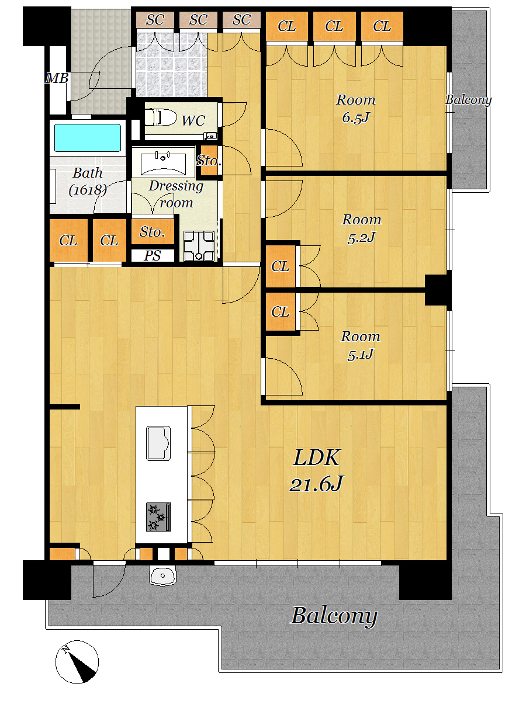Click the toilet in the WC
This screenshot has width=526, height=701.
[x=161, y=117]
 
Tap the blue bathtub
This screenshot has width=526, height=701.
[x=88, y=138]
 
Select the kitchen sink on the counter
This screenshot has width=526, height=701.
[x=158, y=443]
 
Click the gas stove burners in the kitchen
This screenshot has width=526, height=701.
[x=158, y=517]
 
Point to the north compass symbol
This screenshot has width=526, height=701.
[x=77, y=662]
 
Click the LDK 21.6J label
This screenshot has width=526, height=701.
[x=316, y=470]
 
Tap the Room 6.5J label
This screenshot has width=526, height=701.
[x=356, y=109]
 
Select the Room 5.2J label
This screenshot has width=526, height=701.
[x=362, y=228]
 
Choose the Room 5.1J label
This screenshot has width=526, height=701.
[x=360, y=345]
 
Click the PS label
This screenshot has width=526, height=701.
[x=153, y=255]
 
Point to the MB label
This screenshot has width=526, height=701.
[x=57, y=78]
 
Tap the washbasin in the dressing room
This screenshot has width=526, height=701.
[x=163, y=162]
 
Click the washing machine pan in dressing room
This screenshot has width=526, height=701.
[x=199, y=245]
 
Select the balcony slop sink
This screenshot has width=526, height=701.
[x=162, y=575]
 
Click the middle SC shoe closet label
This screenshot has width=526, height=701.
[x=198, y=20]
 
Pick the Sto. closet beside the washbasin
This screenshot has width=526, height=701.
[x=209, y=161]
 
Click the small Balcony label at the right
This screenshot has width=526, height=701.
[x=469, y=100]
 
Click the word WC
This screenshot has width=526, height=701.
[x=193, y=121]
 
